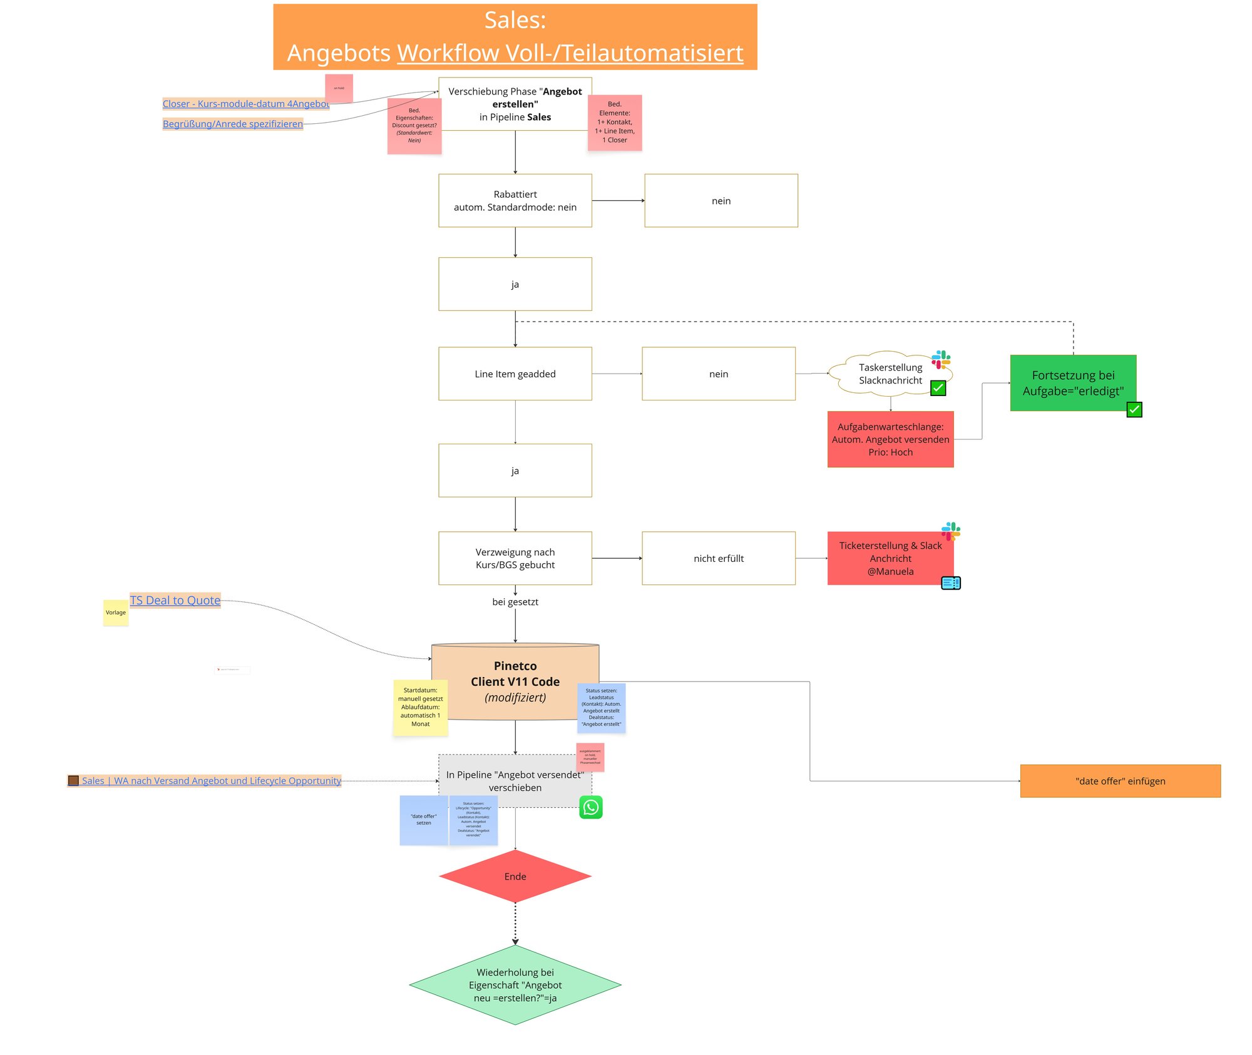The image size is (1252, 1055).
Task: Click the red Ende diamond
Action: [x=515, y=876]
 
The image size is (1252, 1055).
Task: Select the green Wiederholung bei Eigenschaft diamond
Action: [x=515, y=984]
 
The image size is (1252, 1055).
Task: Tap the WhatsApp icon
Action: [x=590, y=807]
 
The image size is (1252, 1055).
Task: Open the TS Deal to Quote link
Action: [x=175, y=600]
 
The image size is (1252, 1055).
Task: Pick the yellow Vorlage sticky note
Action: [x=116, y=613]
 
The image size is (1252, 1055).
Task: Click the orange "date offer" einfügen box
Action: [x=1120, y=781]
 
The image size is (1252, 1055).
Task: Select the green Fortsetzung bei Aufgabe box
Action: [x=1073, y=382]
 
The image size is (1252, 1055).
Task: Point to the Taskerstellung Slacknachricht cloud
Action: [x=890, y=374]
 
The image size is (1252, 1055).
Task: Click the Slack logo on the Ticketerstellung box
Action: [x=950, y=531]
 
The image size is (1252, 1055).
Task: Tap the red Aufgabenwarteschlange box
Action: [x=890, y=439]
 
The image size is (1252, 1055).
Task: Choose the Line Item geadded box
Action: [x=515, y=374]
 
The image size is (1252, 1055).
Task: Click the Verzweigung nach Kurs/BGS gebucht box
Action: [x=515, y=558]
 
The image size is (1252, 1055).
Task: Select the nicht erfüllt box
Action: [x=718, y=558]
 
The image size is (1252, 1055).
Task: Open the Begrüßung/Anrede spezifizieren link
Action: [x=232, y=124]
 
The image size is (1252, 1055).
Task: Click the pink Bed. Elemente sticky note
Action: [x=615, y=122]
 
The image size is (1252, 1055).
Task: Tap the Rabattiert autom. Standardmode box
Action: [x=515, y=200]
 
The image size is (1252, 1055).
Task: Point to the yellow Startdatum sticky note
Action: [x=420, y=707]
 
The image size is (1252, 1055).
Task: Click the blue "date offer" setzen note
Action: [x=424, y=820]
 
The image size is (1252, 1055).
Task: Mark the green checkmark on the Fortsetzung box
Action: [x=1134, y=410]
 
